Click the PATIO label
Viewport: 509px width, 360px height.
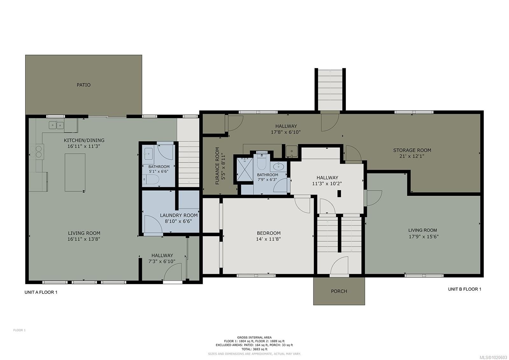tap(83, 85)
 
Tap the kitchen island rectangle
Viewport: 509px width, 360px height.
tap(75, 172)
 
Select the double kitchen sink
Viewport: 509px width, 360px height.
tap(56, 125)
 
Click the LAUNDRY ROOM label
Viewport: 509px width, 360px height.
tap(178, 215)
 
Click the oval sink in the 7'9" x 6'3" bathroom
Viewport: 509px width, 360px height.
tap(279, 166)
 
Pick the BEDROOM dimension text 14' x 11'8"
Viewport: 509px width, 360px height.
tap(268, 239)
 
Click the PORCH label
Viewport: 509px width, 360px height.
tap(339, 291)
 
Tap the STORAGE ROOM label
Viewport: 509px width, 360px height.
tap(412, 150)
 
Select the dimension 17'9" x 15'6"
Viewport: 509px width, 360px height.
tap(422, 236)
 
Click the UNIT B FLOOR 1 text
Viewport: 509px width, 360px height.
tap(464, 289)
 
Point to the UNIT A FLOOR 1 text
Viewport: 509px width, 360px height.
tap(41, 292)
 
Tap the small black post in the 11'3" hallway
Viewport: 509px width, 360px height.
tap(339, 193)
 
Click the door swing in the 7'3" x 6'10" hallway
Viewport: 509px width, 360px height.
tap(173, 272)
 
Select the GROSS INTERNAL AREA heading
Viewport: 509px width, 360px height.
tap(254, 337)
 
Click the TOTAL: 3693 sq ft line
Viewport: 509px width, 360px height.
tap(254, 349)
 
